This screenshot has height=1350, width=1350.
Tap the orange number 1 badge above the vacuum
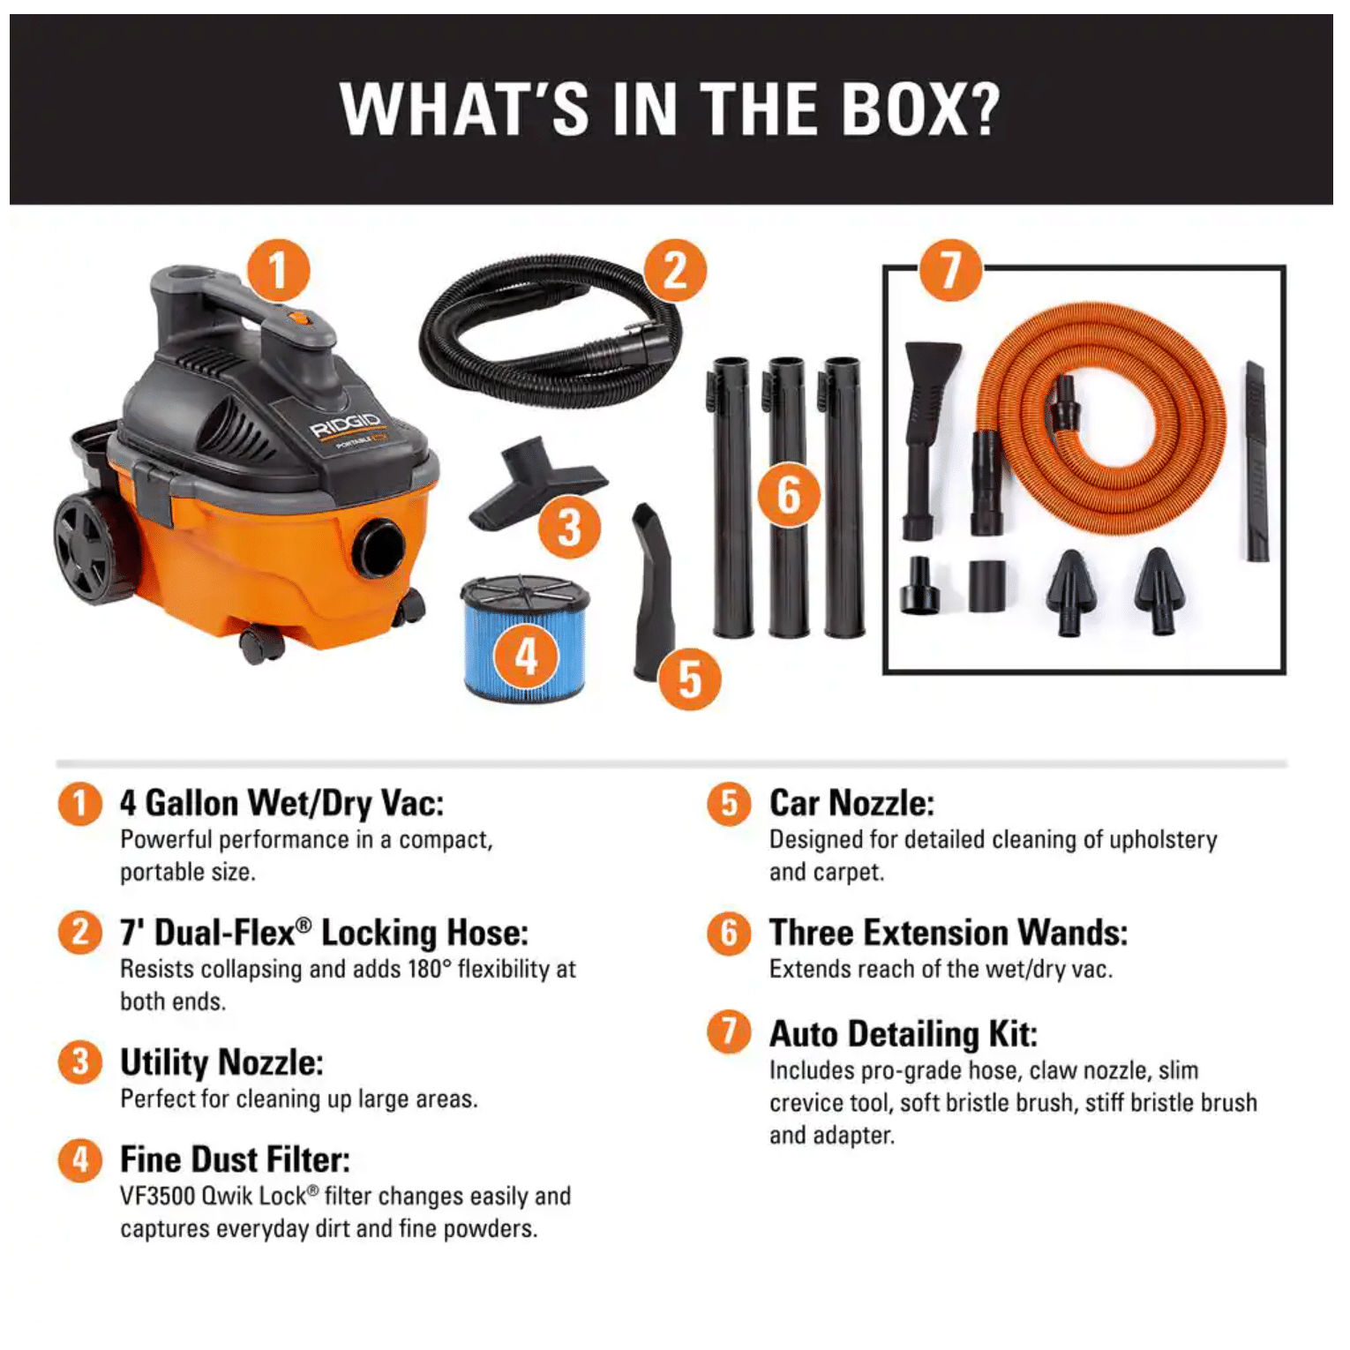[278, 271]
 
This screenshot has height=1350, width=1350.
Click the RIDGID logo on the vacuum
[346, 424]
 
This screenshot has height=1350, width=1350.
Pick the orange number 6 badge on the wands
[789, 494]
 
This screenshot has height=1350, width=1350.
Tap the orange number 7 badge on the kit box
[950, 270]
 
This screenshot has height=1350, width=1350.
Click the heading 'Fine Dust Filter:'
[235, 1159]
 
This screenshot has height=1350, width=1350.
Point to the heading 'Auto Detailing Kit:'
[904, 1034]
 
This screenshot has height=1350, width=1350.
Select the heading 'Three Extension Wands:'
[949, 933]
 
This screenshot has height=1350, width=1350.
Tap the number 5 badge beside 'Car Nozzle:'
[729, 804]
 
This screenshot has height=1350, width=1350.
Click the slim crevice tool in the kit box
[1256, 461]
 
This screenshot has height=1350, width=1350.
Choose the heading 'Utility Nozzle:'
[221, 1062]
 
